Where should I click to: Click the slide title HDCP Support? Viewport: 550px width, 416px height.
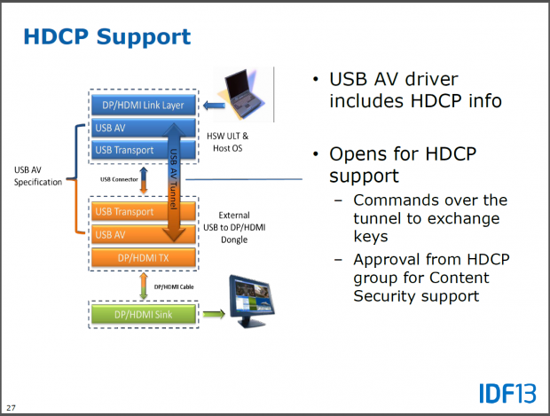coord(106,37)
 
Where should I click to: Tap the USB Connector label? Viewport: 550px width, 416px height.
coord(118,180)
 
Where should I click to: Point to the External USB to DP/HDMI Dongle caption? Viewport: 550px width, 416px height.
coord(245,226)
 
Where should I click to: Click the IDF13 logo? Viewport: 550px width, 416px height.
coord(507,392)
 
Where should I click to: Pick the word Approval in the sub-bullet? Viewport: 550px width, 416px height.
coord(389,260)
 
